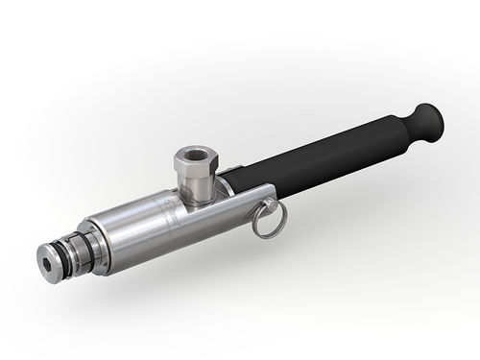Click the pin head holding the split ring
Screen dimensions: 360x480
coord(272,204)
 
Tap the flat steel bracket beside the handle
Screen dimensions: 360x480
coord(252,196)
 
